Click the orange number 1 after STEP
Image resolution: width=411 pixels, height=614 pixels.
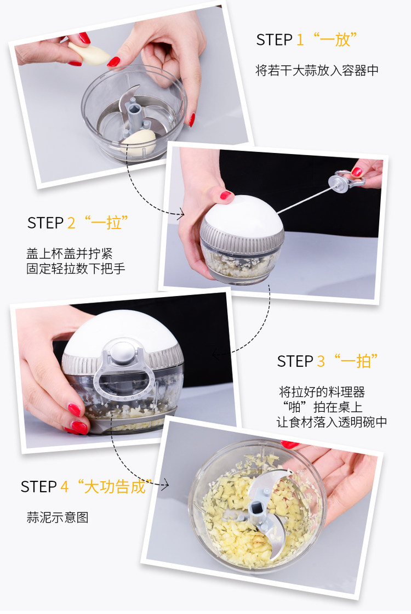(300, 40)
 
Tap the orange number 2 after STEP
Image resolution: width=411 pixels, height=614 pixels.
(71, 223)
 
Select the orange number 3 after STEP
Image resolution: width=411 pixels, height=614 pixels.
(321, 361)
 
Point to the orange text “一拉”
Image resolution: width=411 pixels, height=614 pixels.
(106, 222)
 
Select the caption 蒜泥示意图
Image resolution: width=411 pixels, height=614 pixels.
(58, 518)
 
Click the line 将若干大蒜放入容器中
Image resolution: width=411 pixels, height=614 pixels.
(317, 70)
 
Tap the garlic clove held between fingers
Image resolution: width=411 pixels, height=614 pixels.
(89, 54)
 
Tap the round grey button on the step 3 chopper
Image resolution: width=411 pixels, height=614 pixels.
(123, 350)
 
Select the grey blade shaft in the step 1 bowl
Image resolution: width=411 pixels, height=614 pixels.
(135, 113)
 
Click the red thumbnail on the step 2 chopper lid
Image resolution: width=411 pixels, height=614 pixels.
(226, 195)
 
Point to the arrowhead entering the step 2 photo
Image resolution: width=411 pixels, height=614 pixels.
(181, 214)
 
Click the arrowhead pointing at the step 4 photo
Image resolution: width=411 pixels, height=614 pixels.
(165, 485)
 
